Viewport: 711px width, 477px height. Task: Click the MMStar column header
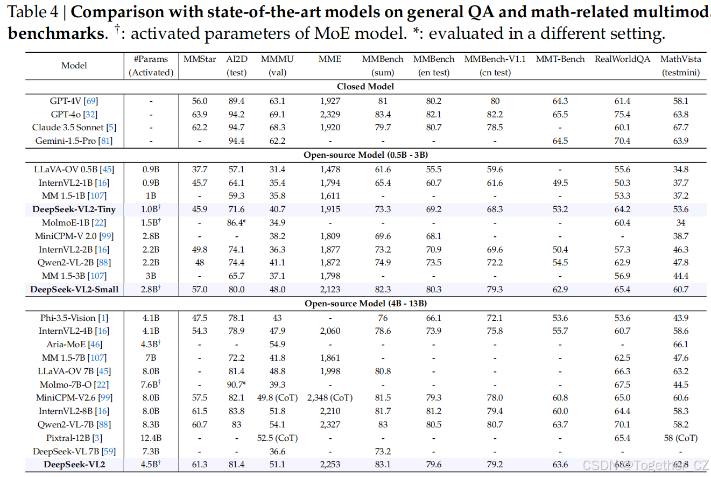point(200,59)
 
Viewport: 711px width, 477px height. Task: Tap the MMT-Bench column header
point(560,59)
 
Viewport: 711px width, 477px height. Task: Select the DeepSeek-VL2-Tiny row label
point(74,209)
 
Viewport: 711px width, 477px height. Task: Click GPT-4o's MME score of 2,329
point(330,114)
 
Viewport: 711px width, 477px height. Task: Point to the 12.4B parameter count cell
point(151,438)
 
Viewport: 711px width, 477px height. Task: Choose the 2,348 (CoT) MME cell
point(330,398)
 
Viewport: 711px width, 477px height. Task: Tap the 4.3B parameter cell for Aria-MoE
point(151,344)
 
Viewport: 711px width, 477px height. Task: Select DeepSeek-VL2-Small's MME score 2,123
point(330,290)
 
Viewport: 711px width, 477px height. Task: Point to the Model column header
point(74,65)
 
